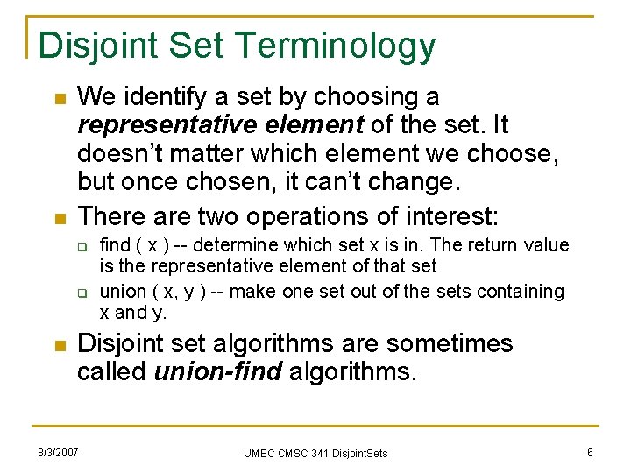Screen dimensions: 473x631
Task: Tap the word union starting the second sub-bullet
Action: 123,291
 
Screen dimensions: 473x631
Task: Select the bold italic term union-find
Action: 217,371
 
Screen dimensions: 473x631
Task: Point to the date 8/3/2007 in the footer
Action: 57,452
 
